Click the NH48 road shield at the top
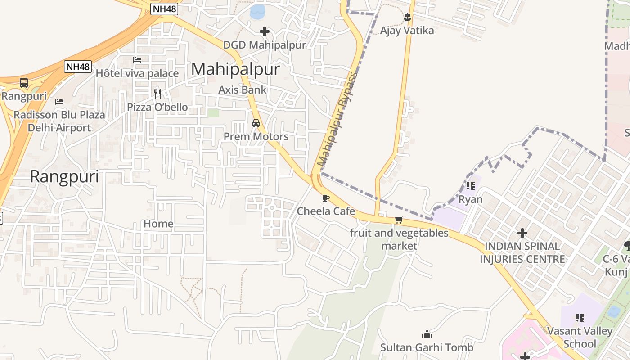(x=164, y=9)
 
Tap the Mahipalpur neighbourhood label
(x=235, y=69)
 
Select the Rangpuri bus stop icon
(x=24, y=83)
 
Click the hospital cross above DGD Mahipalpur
(x=265, y=31)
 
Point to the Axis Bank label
(x=243, y=90)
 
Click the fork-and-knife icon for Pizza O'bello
(x=157, y=94)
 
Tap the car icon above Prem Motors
(x=256, y=123)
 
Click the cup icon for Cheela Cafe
(x=326, y=198)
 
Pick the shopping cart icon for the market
(x=399, y=220)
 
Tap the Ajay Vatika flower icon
(x=407, y=18)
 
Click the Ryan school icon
(x=471, y=185)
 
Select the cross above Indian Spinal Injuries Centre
(x=522, y=233)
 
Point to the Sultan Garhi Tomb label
(x=427, y=347)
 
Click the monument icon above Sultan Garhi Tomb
(x=427, y=334)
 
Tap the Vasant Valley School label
(x=580, y=337)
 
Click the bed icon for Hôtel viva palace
(x=137, y=60)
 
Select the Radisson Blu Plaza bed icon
(x=59, y=101)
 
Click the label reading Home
(x=158, y=224)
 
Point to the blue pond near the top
(x=257, y=12)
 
